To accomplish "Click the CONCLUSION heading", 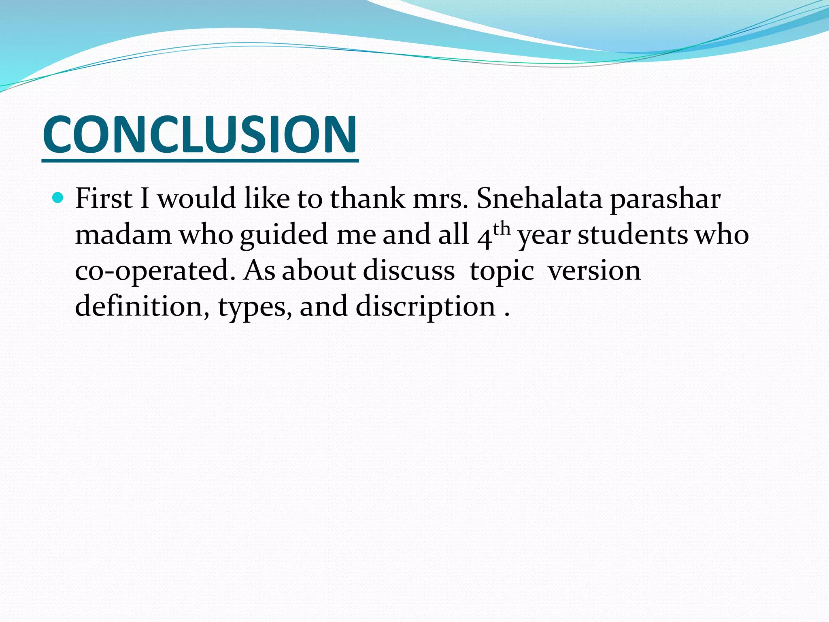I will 200,134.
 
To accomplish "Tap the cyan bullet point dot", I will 59,198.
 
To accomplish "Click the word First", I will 104,198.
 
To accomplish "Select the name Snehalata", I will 539,198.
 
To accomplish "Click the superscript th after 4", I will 502,229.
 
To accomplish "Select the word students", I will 632,234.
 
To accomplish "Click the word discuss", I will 408,270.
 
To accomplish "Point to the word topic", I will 502,272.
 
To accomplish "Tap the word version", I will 594,270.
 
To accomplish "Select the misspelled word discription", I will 425,307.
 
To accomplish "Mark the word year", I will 544,236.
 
